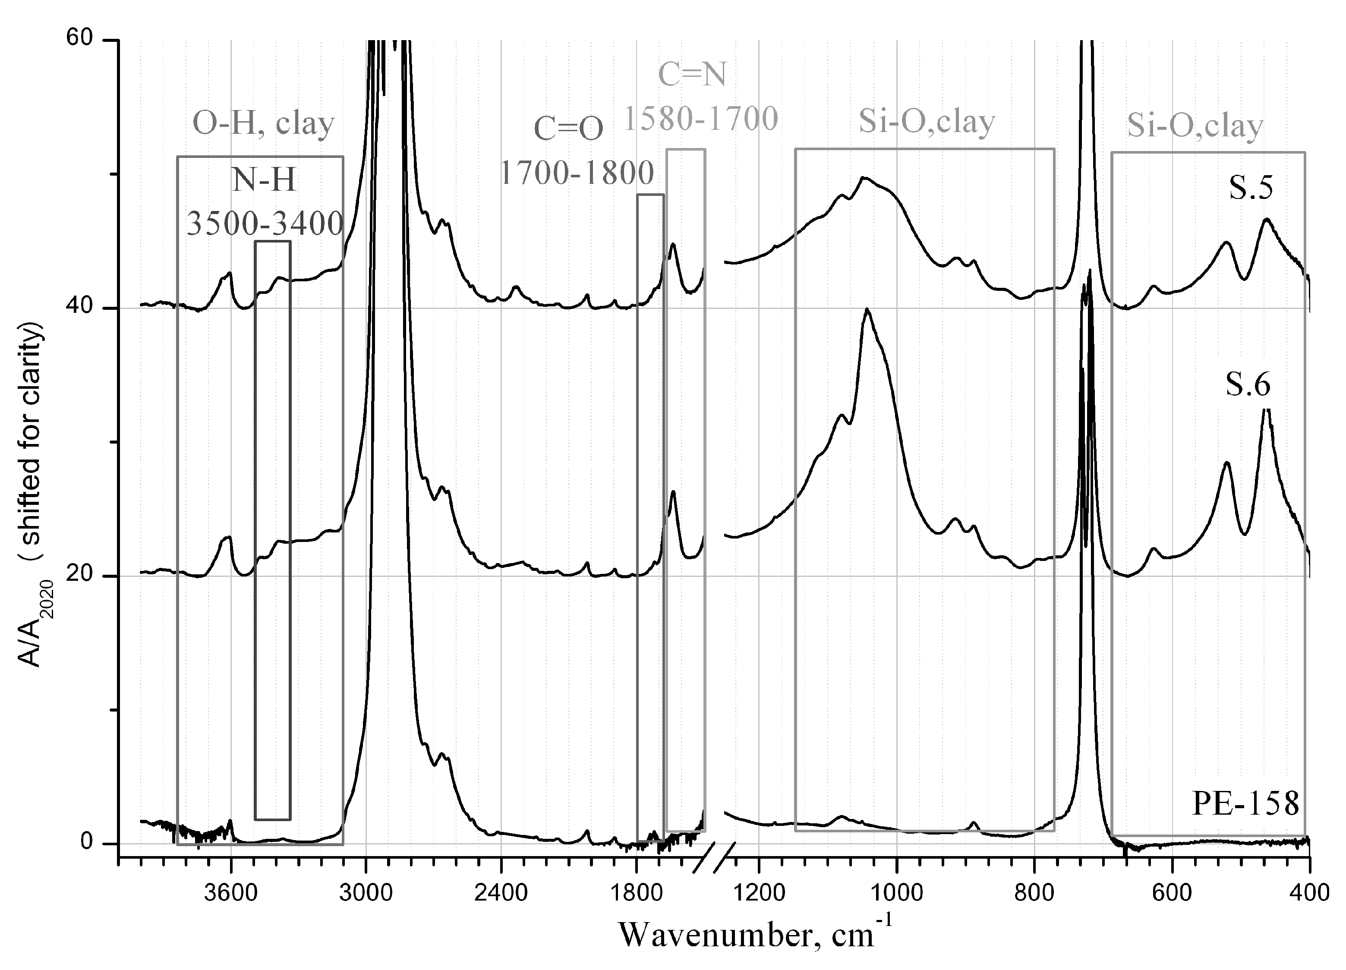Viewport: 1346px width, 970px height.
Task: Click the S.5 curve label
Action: click(x=1251, y=188)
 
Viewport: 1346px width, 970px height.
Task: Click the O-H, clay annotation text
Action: click(x=264, y=123)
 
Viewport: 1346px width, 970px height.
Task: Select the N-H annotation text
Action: click(x=264, y=180)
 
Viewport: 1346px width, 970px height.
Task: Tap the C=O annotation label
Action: click(x=568, y=129)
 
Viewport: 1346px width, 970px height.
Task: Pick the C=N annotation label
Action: click(x=692, y=75)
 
